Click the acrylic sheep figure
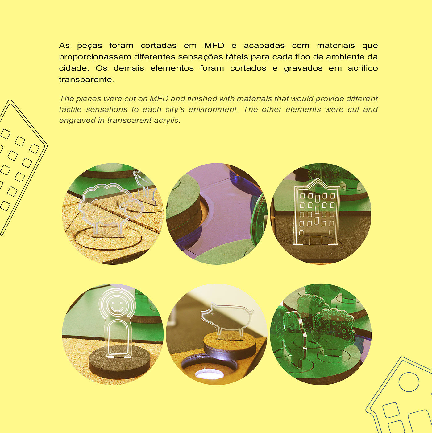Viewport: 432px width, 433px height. (110, 209)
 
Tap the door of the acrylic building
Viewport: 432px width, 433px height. (316, 240)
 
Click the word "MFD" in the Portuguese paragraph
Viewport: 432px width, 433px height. (214, 46)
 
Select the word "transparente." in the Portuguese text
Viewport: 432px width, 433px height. (87, 80)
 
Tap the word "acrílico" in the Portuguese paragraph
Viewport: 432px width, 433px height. (363, 68)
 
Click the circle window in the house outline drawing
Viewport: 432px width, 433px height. (409, 382)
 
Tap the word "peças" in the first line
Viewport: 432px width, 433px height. (89, 46)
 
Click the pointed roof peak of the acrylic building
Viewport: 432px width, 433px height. (317, 179)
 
